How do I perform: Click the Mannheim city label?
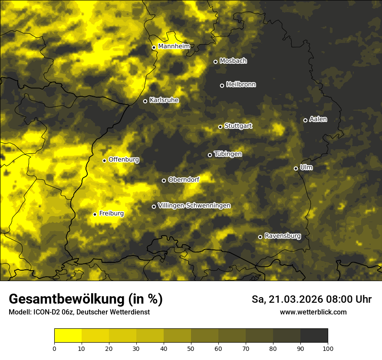point(174,46)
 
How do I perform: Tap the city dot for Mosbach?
point(215,62)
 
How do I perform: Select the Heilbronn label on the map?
point(241,85)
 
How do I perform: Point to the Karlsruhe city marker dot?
point(145,101)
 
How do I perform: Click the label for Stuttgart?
point(238,126)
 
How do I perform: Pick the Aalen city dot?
point(305,120)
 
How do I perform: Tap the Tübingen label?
point(228,154)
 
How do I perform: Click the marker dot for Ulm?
point(296,168)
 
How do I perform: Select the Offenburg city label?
point(124,160)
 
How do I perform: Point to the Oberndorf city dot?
point(164,180)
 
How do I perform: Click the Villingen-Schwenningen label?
point(194,206)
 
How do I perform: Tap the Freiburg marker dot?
point(95,214)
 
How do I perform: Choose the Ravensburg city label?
point(283,236)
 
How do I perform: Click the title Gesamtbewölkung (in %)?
point(86,299)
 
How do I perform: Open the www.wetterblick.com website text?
point(313,312)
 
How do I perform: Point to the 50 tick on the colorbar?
point(191,348)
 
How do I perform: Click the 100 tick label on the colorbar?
point(328,348)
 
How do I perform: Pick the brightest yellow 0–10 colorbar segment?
point(68,335)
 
